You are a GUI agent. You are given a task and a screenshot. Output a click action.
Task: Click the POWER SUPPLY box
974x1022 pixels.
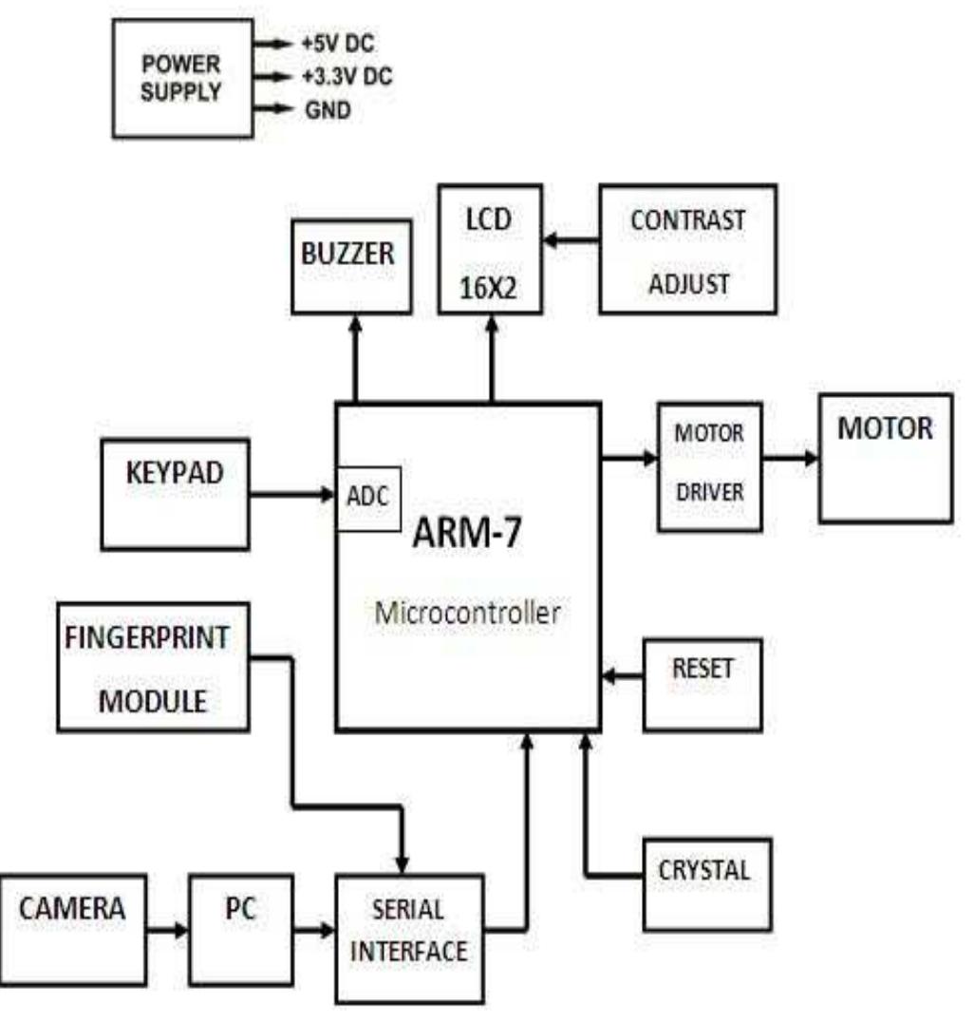coord(182,78)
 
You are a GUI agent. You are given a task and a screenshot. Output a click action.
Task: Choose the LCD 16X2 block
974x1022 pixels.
coord(491,249)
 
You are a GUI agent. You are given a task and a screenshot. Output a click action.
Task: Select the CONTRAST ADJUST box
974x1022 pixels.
coord(687,248)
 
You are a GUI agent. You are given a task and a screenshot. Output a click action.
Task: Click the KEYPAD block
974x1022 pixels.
coord(176,493)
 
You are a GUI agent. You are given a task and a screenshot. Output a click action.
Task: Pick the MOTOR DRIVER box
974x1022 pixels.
coord(709,465)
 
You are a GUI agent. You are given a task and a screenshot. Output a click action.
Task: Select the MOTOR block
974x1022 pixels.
coord(885,458)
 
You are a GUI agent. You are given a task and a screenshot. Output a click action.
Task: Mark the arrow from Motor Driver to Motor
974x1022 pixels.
coord(790,459)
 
